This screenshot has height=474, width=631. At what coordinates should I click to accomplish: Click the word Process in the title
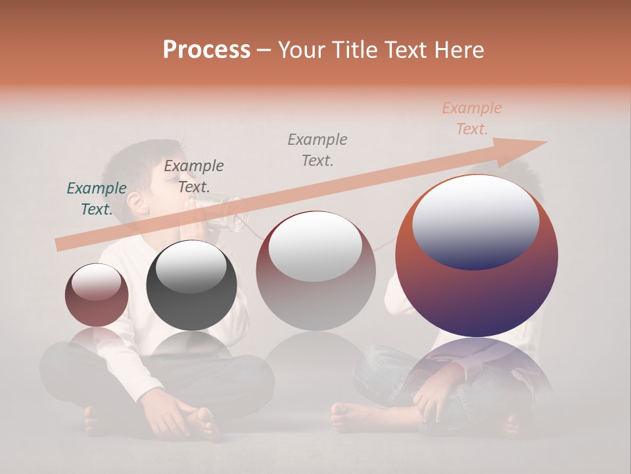tap(206, 50)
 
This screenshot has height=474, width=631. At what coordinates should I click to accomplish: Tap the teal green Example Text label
tap(97, 199)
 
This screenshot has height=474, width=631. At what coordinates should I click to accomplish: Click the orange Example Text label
tap(471, 118)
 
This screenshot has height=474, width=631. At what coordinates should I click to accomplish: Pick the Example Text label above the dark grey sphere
tap(193, 176)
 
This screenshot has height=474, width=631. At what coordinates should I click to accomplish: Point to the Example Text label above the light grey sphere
tap(317, 149)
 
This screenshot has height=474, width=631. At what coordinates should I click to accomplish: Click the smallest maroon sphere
tap(97, 295)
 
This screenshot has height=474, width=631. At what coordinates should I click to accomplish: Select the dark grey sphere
tap(191, 286)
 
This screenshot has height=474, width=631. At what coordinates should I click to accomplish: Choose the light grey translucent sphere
tap(315, 271)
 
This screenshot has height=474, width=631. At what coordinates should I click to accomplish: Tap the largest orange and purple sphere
tap(477, 256)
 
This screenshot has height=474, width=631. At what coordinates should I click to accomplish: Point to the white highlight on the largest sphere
tap(475, 221)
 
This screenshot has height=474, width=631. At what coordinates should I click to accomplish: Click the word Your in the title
tap(299, 50)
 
